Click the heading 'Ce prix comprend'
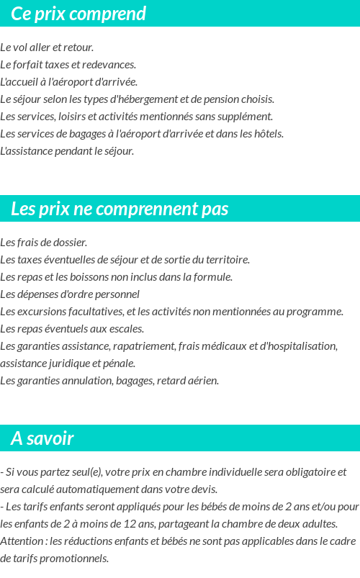[x=78, y=14]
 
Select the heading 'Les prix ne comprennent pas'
[x=120, y=209]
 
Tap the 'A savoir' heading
[x=42, y=438]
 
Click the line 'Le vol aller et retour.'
[x=48, y=48]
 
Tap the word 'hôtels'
[x=267, y=134]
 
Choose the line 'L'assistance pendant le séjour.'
[x=67, y=151]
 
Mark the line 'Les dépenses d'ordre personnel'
[x=70, y=294]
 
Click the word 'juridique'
[x=68, y=363]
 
